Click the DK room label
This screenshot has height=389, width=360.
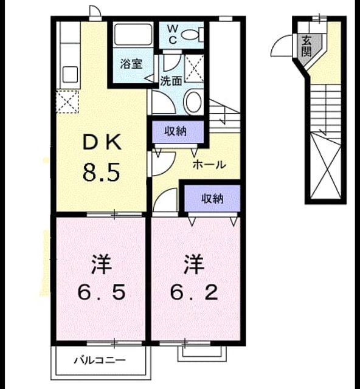click(x=102, y=142)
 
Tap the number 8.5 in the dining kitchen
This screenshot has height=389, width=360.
click(x=102, y=172)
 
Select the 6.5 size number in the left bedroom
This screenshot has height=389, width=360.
click(x=102, y=292)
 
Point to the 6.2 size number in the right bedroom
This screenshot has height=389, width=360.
click(x=194, y=292)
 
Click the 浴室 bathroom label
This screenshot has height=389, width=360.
click(x=131, y=64)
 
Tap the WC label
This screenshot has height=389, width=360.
click(x=172, y=35)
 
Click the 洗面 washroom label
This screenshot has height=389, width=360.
click(x=171, y=81)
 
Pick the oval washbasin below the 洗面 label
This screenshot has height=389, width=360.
click(x=193, y=102)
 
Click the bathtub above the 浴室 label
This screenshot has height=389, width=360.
click(x=133, y=35)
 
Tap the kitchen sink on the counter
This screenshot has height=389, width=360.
click(x=70, y=75)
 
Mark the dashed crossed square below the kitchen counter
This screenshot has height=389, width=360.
click(x=67, y=102)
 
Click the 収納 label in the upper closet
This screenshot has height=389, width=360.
click(x=176, y=131)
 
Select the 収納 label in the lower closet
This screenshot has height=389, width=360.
click(x=212, y=199)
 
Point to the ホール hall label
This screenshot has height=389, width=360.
click(x=209, y=165)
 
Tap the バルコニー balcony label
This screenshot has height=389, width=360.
click(x=100, y=360)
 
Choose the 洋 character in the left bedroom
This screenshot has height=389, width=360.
click(x=102, y=265)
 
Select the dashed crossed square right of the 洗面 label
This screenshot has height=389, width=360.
click(x=194, y=69)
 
